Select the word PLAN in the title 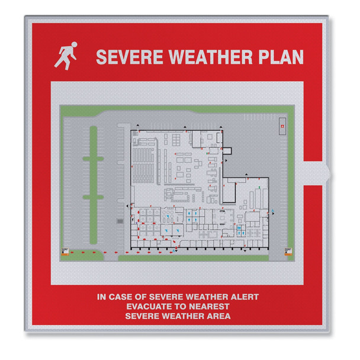pos(281,57)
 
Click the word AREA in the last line pos(219,316)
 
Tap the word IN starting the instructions pos(102,296)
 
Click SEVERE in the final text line pos(140,316)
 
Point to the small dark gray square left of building pos(120,220)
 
